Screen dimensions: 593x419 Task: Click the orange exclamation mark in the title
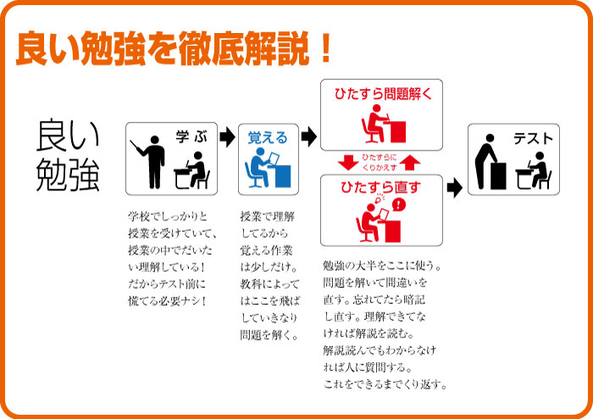(324, 47)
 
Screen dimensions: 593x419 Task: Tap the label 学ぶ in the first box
(191, 136)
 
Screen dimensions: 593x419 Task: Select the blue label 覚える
(268, 138)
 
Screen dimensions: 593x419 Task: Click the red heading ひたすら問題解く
(383, 93)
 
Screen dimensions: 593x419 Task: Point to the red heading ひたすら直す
(380, 186)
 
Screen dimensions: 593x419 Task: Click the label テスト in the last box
(533, 139)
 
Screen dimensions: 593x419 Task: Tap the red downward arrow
(348, 163)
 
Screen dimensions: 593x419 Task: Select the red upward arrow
(410, 163)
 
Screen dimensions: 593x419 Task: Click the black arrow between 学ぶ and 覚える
(227, 136)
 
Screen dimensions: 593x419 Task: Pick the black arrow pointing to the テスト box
(454, 188)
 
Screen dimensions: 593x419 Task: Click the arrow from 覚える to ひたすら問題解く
(309, 136)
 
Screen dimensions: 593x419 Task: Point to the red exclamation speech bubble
(398, 205)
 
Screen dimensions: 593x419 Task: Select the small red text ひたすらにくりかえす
(380, 163)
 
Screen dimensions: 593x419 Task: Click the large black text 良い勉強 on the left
(68, 155)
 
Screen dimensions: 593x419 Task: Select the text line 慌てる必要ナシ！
(167, 301)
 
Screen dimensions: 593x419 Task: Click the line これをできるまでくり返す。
(385, 384)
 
